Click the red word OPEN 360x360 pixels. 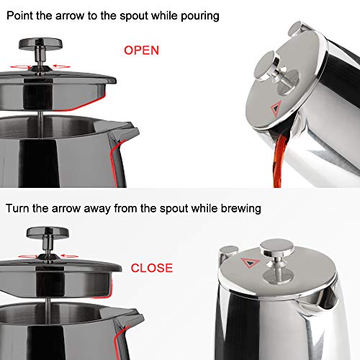[x=141, y=50]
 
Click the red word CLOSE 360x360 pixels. [x=151, y=268]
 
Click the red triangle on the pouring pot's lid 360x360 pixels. [x=276, y=110]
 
